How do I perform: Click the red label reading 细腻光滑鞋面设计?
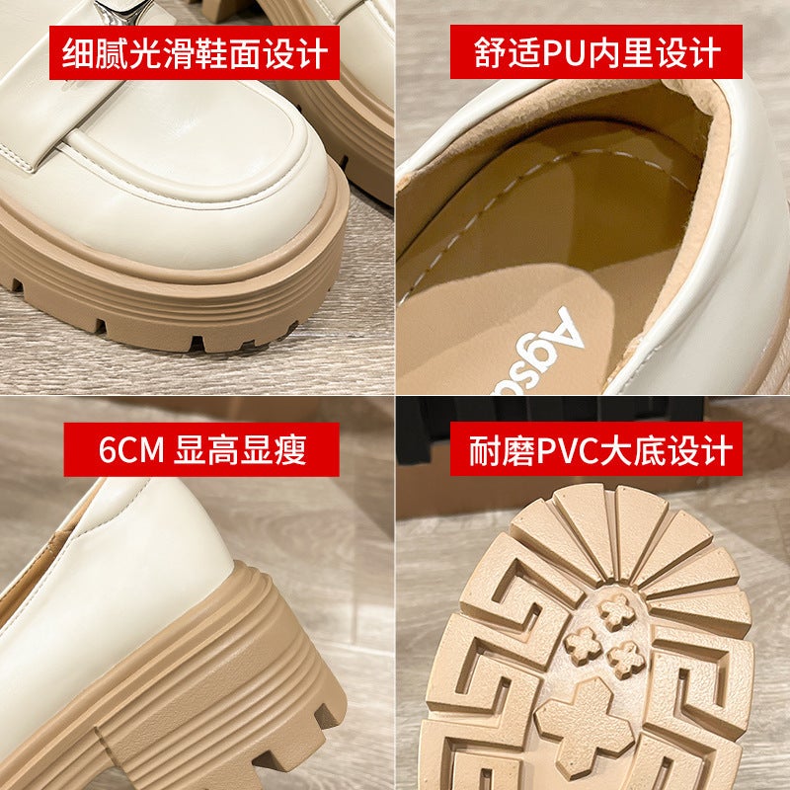[195, 52]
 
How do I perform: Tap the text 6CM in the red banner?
[132, 449]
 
